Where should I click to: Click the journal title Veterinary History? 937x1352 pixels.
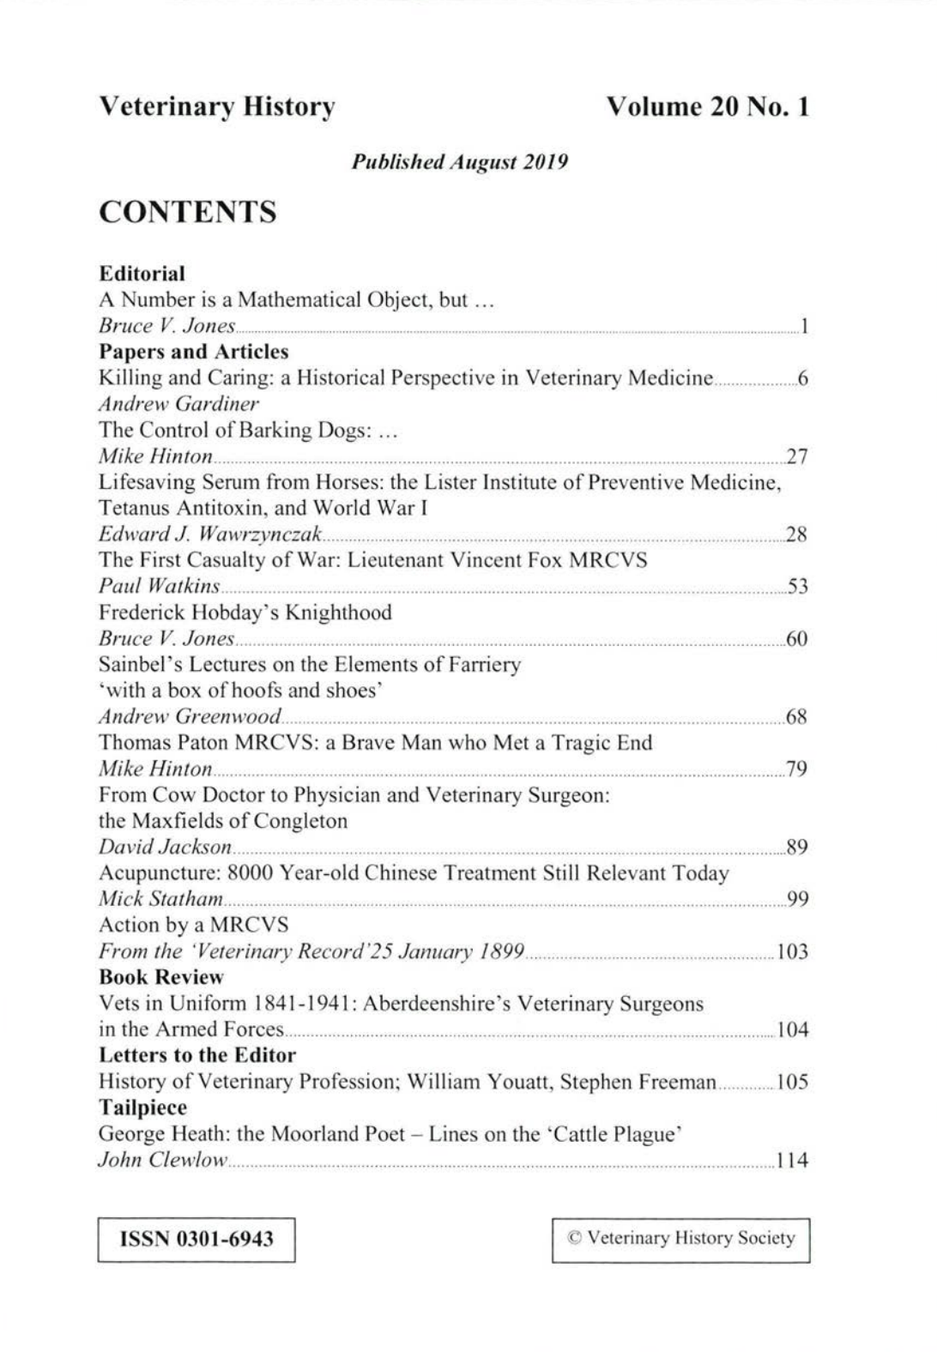coord(217,107)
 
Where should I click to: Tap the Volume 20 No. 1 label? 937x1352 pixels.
coord(707,107)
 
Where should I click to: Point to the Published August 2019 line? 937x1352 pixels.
coord(461,162)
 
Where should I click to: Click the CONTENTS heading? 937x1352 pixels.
coord(188,212)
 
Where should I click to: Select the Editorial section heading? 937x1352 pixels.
coord(142,274)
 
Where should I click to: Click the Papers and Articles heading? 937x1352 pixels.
coord(194,352)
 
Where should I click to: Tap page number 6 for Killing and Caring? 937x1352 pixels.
coord(802,378)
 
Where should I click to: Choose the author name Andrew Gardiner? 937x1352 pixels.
coord(178,404)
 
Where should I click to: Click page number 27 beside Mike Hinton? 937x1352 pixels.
coord(796,456)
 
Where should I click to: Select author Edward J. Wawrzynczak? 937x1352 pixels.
coord(210,534)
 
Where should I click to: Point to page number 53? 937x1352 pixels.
coord(796,587)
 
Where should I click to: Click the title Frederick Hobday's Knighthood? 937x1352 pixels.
coord(245,613)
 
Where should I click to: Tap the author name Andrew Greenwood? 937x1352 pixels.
coord(190,716)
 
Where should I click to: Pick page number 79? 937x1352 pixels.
coord(796,769)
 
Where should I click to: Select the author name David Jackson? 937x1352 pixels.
coord(165,847)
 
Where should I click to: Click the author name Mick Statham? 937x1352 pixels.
coord(161,899)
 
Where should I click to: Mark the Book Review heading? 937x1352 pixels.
coord(161,977)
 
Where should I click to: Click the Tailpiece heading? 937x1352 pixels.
coord(143,1107)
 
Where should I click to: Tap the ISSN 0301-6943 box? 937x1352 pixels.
coord(196,1240)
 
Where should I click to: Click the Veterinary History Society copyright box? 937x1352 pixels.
coord(681,1239)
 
